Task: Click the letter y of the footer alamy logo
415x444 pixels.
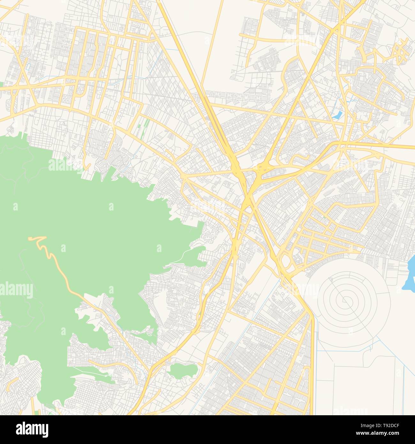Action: point(45,431)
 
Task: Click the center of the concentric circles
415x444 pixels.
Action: point(343,300)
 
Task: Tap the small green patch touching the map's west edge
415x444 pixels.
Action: point(1,85)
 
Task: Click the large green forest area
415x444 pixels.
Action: point(80,224)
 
